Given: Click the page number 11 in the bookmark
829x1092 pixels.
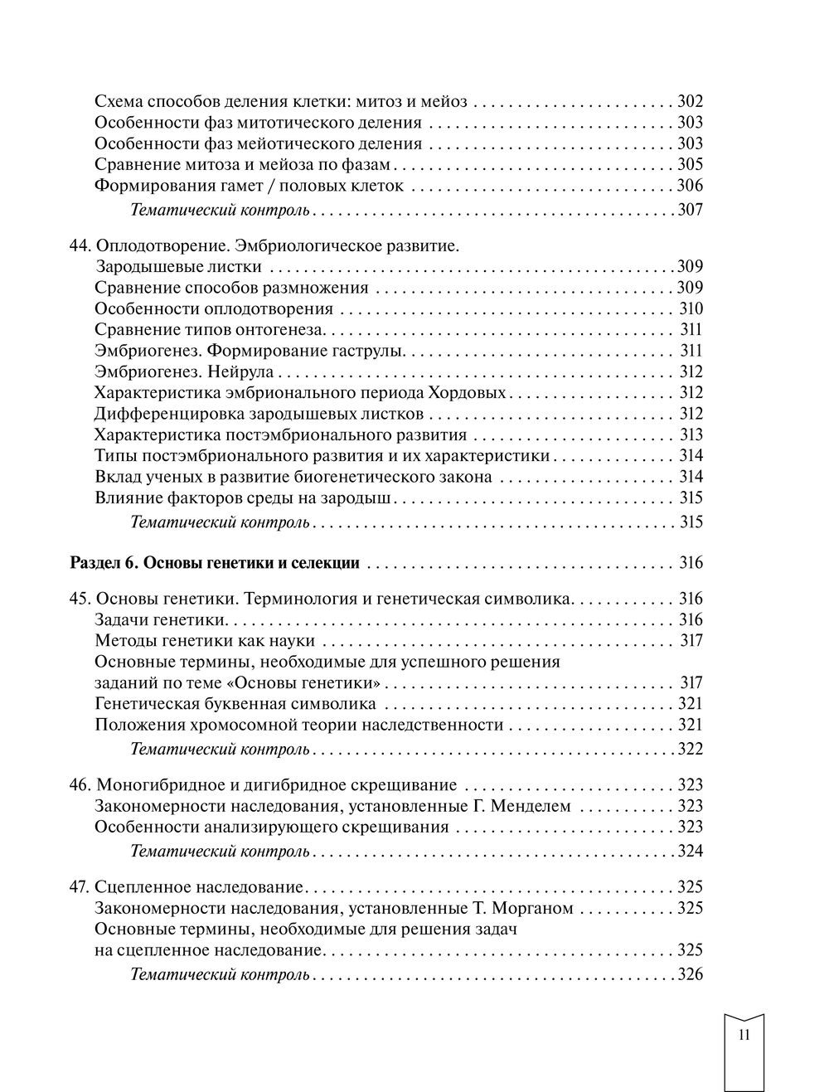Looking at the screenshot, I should (x=743, y=1035).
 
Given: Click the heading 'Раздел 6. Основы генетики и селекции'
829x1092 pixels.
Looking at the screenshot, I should (x=215, y=563).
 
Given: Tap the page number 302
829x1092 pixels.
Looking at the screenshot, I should (x=690, y=102).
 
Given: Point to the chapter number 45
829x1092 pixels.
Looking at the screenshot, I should (x=80, y=599).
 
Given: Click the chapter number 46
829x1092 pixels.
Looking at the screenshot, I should (x=80, y=784).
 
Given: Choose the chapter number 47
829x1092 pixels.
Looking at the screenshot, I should (x=80, y=886).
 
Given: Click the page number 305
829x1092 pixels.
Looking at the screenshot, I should (x=690, y=164).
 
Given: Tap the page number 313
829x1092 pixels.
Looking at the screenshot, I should (x=691, y=434).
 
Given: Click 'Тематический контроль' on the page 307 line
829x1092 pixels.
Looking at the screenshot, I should (x=221, y=210).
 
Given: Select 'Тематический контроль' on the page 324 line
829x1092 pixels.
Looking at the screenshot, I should (x=221, y=851).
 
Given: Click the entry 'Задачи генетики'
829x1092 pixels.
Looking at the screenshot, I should (x=161, y=619).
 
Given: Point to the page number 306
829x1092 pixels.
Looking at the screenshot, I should (x=690, y=186).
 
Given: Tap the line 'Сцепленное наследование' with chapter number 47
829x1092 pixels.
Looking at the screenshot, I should (x=200, y=886).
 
